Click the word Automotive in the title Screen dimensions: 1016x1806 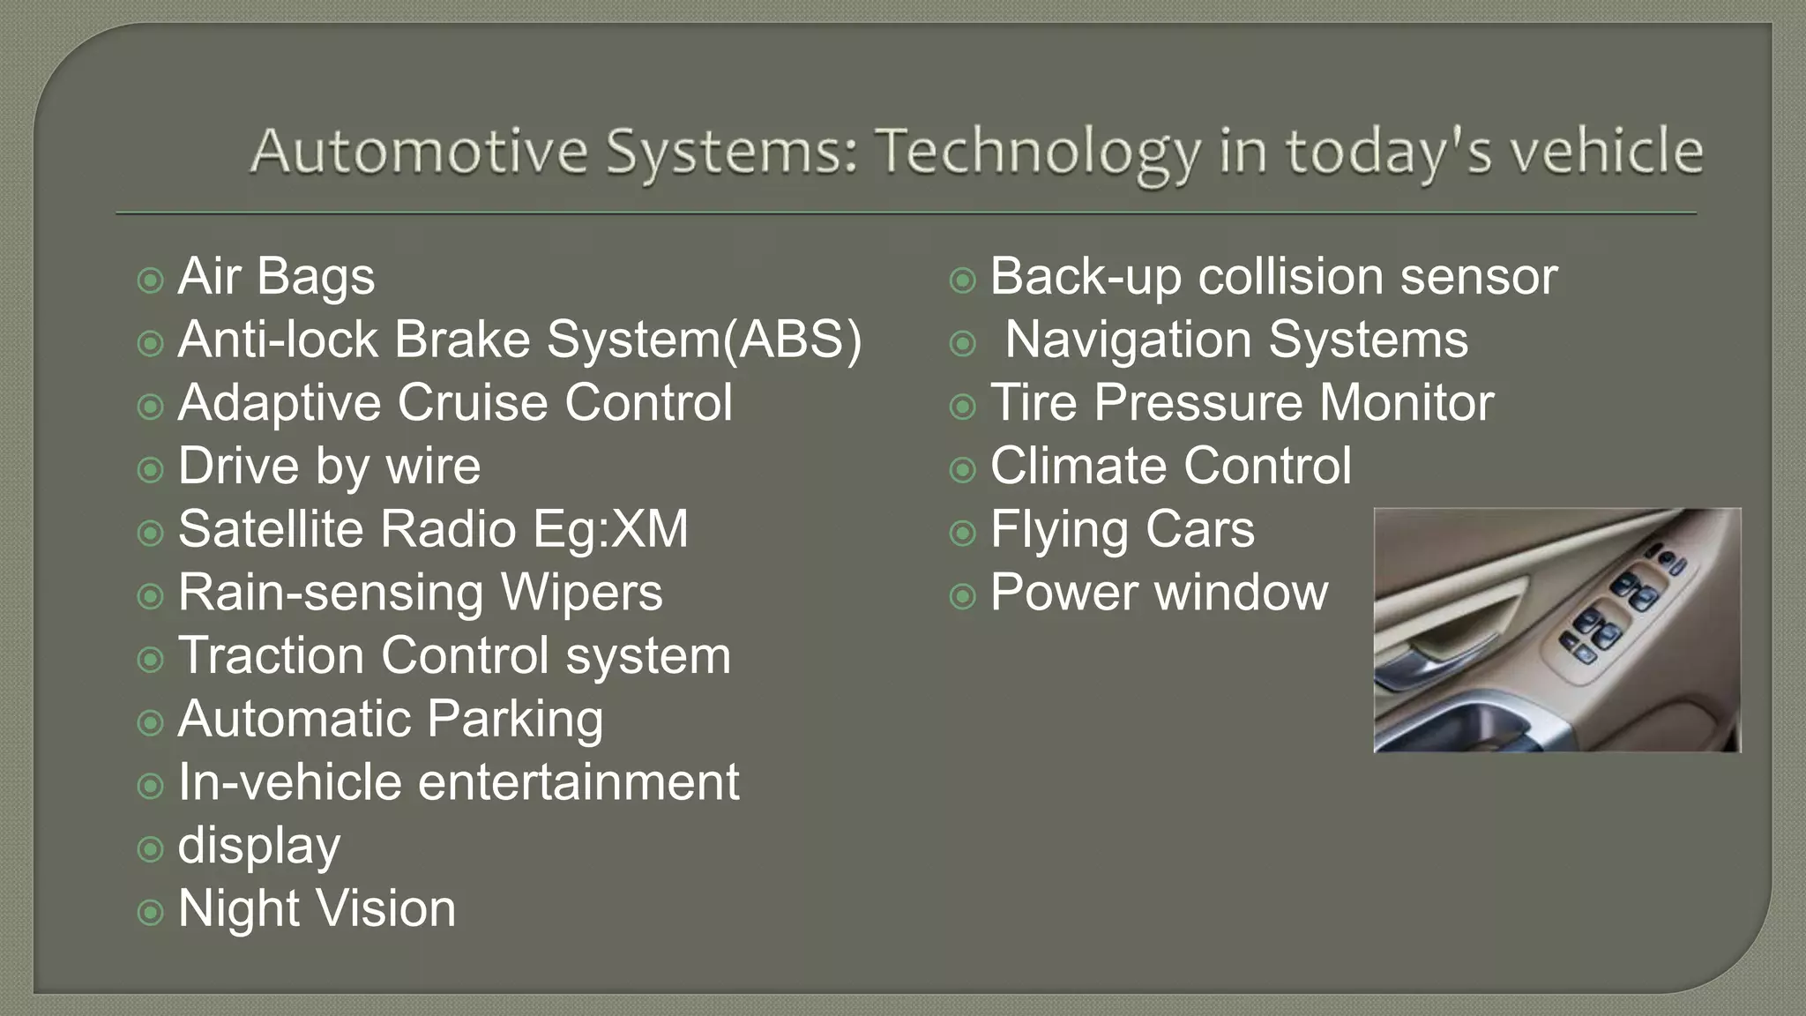[419, 151]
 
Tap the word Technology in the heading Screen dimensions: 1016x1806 [1037, 153]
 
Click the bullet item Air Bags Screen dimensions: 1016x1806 [276, 277]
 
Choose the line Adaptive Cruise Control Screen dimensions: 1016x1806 [454, 403]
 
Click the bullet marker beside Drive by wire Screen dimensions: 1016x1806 [151, 469]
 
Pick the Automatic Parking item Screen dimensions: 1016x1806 [390, 720]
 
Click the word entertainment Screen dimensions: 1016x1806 [578, 783]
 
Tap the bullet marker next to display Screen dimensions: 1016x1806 [151, 849]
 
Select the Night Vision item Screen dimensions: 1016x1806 [317, 909]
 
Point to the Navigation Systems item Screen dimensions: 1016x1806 [1236, 340]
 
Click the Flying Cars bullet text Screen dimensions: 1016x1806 [1122, 530]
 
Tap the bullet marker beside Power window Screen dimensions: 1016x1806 [963, 597]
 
